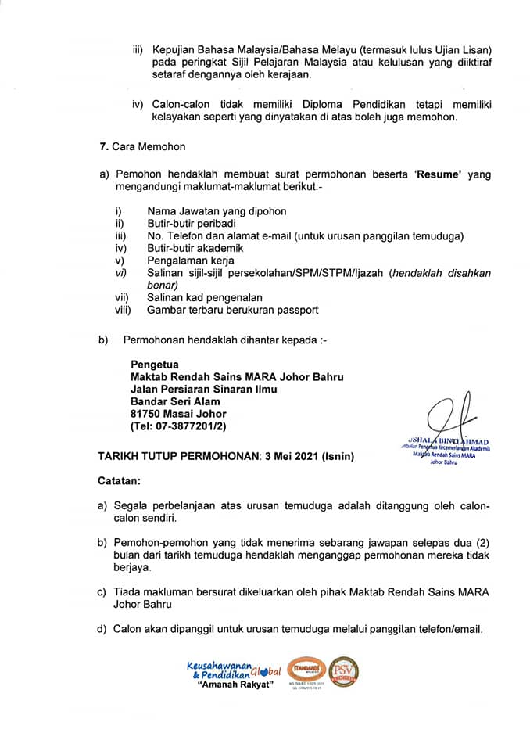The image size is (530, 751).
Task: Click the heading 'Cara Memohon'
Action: point(149,147)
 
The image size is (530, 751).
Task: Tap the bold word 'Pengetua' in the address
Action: point(155,364)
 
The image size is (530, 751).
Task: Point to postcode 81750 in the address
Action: point(148,414)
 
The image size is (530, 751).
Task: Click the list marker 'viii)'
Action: point(124,310)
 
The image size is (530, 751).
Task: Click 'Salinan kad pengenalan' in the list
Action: point(205,297)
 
